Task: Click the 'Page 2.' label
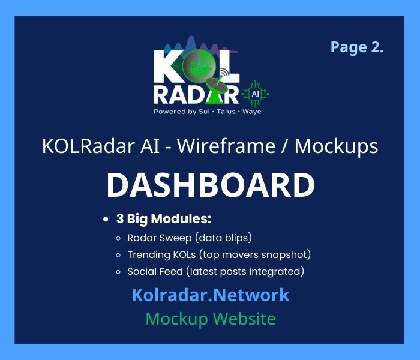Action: coord(356,48)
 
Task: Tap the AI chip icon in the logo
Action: coord(256,94)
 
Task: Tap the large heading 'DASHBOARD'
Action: coord(210,185)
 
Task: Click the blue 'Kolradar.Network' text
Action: coord(210,295)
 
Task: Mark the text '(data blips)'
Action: coord(214,238)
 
